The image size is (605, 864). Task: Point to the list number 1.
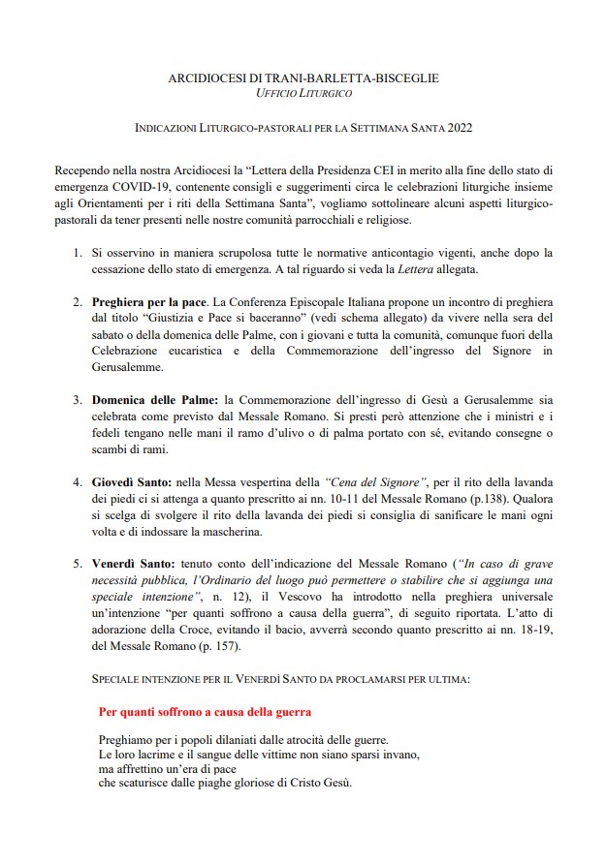click(x=78, y=252)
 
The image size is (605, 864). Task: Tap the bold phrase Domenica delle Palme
click(x=156, y=399)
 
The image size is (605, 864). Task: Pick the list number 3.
click(x=78, y=399)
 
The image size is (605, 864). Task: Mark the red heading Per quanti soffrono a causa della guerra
click(x=205, y=712)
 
